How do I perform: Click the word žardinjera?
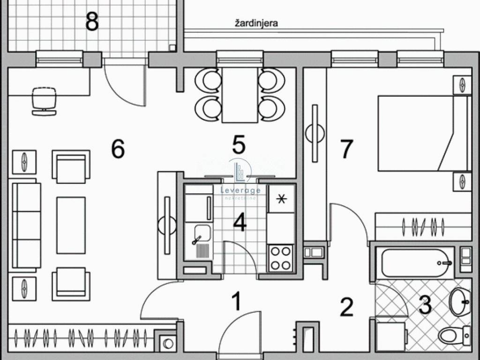pos(256,23)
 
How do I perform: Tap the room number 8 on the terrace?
pos(92,22)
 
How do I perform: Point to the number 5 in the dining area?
pos(239,144)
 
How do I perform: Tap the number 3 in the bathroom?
pos(425,305)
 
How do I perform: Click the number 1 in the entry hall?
pos(237,301)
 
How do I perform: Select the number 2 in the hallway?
pos(346,307)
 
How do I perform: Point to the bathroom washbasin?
pos(460,302)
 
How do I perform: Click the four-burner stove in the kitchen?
pos(281,258)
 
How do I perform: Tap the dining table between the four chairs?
pos(240,95)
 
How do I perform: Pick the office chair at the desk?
pos(45,101)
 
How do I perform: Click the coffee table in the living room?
pos(71,225)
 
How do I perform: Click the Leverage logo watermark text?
pos(240,190)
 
